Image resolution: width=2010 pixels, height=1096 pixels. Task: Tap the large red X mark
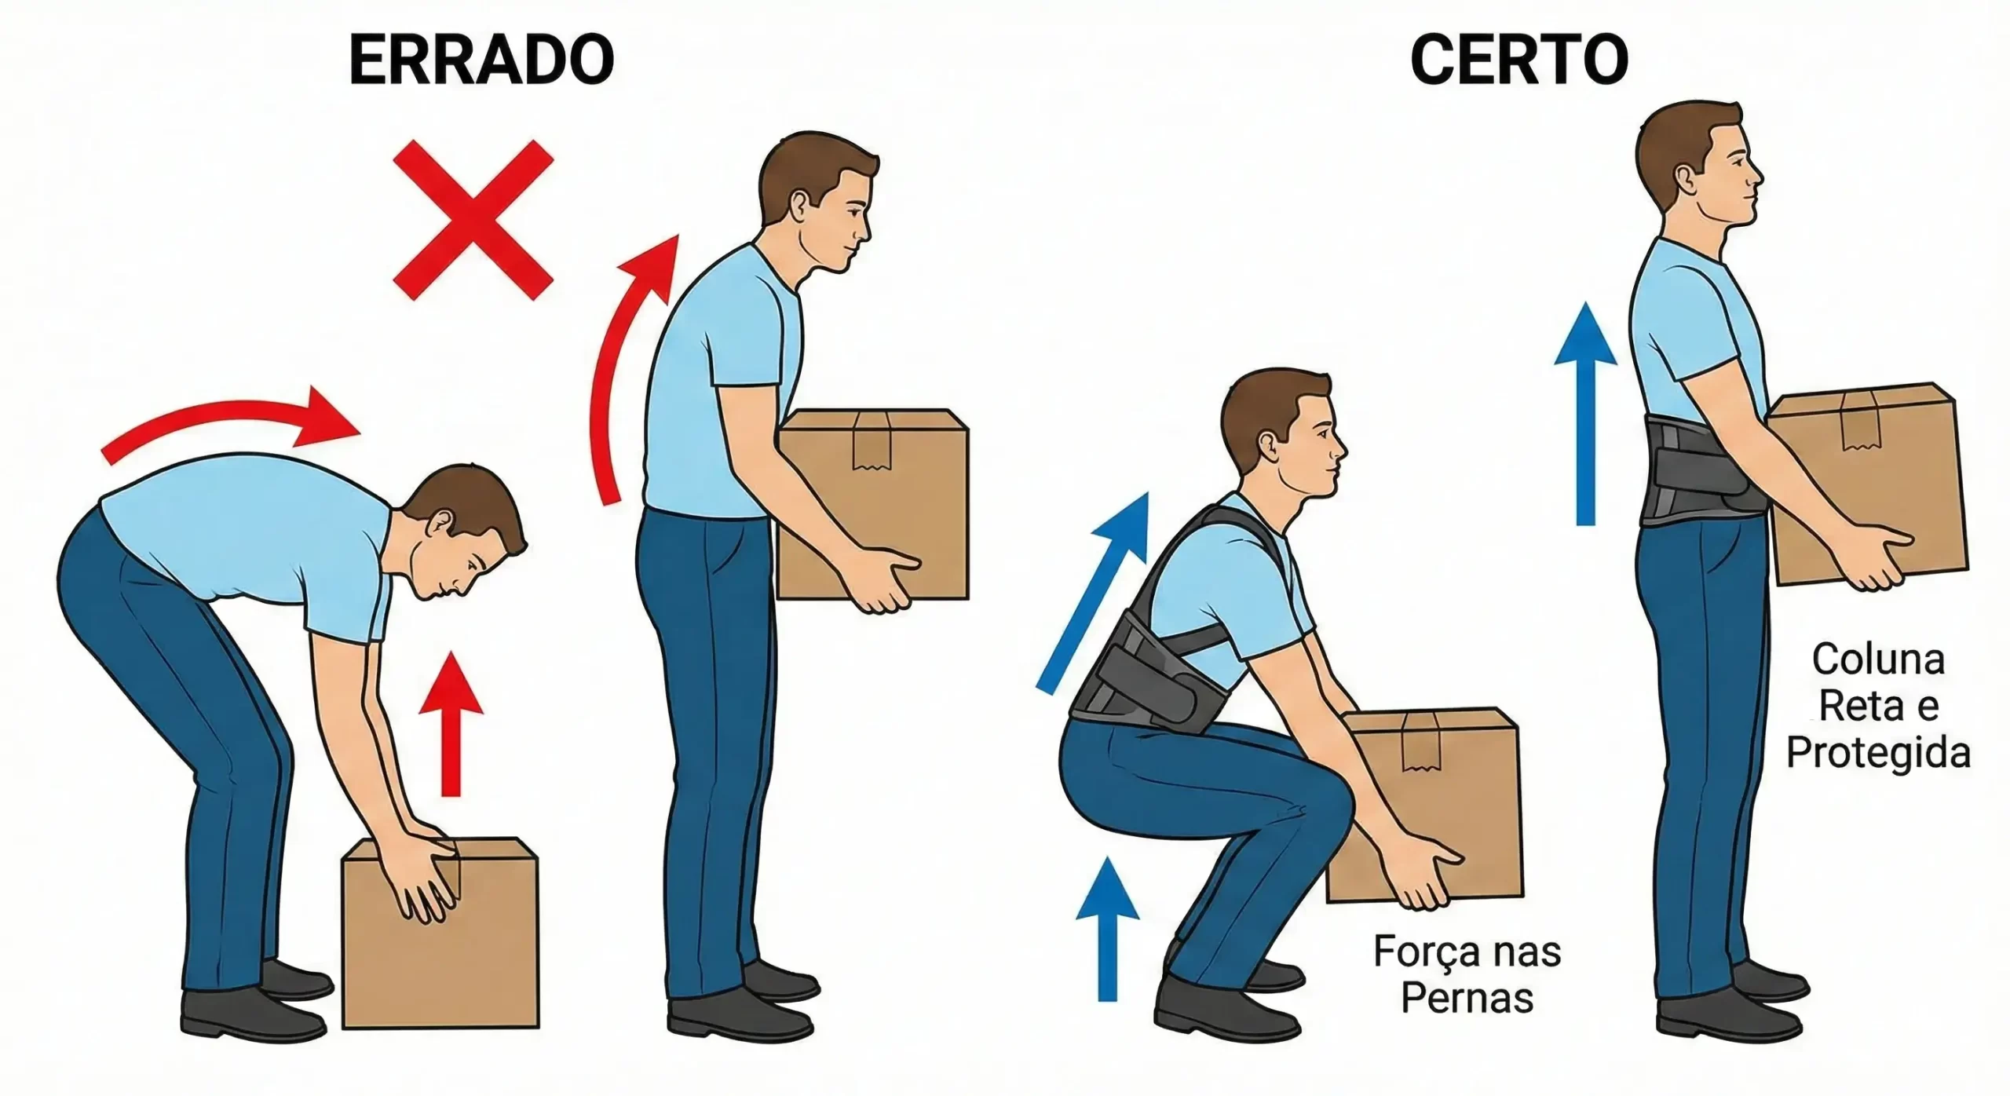(473, 220)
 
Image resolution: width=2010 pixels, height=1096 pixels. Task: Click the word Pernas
(1467, 999)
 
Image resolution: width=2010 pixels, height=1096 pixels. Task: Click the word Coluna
(1878, 661)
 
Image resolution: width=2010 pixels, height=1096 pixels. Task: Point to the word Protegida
(1878, 754)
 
